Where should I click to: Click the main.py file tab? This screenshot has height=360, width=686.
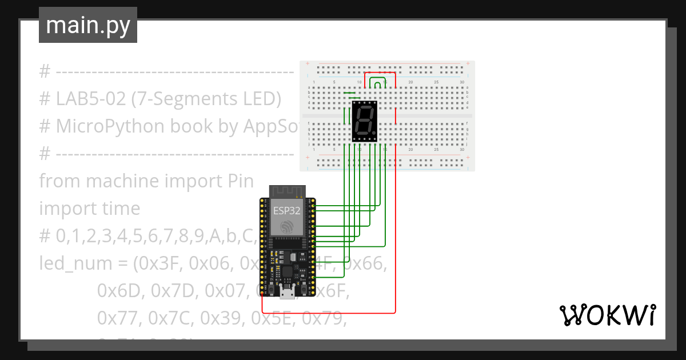point(87,25)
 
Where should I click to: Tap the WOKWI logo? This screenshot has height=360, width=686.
point(607,315)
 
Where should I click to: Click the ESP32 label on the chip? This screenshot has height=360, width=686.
point(286,210)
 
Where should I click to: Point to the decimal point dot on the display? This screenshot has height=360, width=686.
point(375,134)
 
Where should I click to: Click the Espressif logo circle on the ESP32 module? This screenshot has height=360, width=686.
point(286,228)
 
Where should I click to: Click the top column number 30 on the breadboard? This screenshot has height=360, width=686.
point(461,83)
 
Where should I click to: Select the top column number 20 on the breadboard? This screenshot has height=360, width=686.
point(410,83)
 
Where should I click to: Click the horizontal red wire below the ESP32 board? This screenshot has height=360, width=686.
point(329,313)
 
